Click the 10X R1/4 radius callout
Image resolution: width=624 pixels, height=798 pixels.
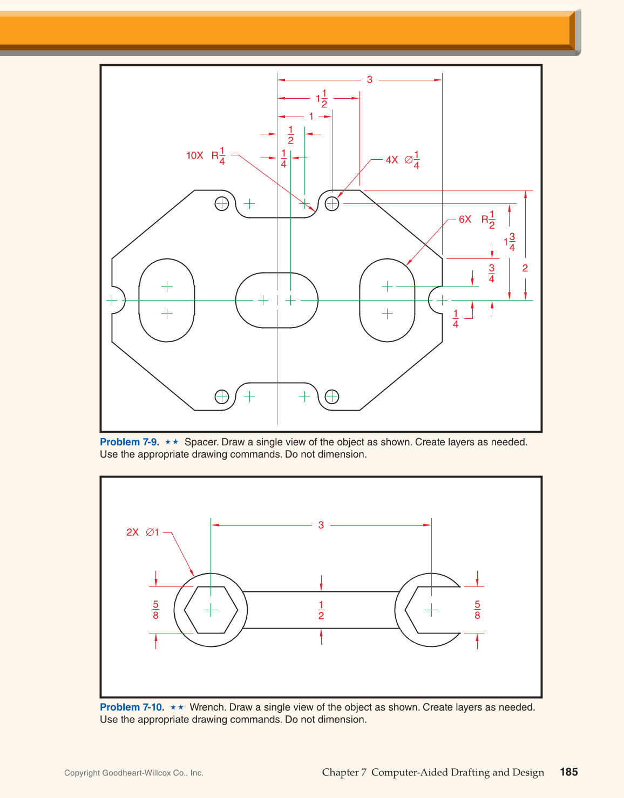point(206,155)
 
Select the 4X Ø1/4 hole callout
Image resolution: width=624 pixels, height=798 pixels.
point(403,160)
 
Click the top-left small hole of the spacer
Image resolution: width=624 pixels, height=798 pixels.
point(222,203)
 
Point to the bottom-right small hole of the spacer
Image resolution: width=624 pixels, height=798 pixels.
point(332,397)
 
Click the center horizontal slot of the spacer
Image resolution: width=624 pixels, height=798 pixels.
point(277,300)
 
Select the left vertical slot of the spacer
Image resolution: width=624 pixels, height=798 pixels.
point(167,300)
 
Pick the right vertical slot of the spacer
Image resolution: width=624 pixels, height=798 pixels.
point(387,300)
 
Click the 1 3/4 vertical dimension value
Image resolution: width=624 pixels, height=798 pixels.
point(510,242)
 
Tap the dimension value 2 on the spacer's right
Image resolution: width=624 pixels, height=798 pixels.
point(525,268)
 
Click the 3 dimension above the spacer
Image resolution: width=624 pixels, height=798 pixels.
point(370,80)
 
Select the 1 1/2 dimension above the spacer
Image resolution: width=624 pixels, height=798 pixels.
point(322,98)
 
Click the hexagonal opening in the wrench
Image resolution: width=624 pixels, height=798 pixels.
point(211,610)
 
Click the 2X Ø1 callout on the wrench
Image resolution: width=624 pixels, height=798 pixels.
point(143,532)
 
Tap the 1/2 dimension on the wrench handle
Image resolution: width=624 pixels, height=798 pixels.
point(321,610)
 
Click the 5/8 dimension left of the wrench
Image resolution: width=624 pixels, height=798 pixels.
point(156,610)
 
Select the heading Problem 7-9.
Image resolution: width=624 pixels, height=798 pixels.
point(130,442)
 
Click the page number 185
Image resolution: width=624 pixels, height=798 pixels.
point(568,772)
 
